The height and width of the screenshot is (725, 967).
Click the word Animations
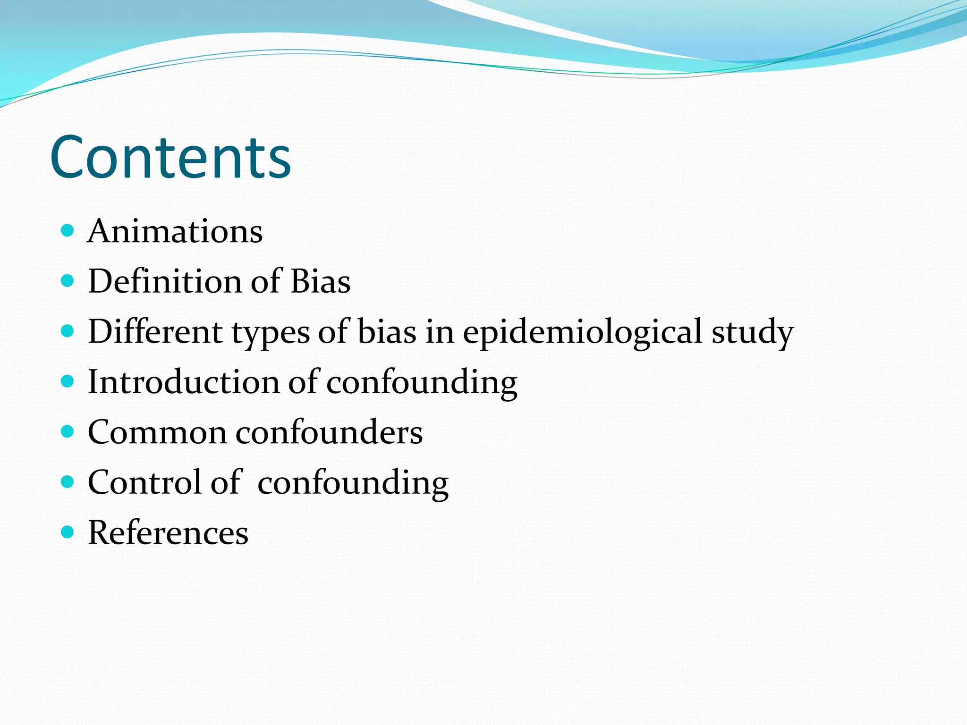(175, 231)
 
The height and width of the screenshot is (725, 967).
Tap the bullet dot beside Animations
(68, 230)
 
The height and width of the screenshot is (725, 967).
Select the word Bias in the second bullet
(320, 281)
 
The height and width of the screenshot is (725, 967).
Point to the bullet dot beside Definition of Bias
(68, 281)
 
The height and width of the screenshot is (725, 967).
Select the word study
(753, 332)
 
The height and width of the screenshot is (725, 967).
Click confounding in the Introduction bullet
(422, 383)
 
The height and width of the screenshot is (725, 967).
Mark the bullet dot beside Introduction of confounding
(68, 381)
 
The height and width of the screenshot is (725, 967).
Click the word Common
(157, 432)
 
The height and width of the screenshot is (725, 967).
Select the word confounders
(329, 432)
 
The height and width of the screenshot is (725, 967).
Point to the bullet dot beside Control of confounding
(68, 481)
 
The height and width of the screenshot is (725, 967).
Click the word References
(168, 533)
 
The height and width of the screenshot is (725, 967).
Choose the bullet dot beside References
(68, 532)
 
